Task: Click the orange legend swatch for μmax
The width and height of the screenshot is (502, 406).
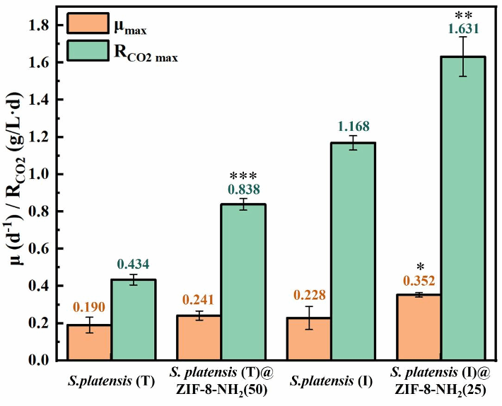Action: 88,25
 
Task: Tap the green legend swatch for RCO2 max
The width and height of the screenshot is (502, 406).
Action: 88,50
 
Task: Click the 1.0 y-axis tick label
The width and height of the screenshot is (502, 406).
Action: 37,175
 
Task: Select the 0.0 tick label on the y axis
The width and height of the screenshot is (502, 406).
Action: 37,361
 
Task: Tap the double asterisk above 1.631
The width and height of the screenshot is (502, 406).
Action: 463,16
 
